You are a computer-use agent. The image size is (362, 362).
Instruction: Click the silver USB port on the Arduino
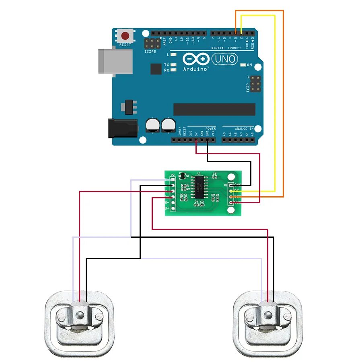pyautogui.click(x=115, y=61)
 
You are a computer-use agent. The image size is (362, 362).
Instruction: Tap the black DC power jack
pyautogui.click(x=122, y=128)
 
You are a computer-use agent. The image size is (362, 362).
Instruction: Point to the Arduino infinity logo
pyautogui.click(x=195, y=59)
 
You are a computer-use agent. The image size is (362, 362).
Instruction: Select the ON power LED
pyautogui.click(x=243, y=65)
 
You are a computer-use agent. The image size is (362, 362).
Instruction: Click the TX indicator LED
pyautogui.click(x=173, y=65)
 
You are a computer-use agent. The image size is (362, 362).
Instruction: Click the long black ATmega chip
pyautogui.click(x=214, y=109)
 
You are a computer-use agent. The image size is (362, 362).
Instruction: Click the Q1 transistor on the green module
pyautogui.click(x=182, y=176)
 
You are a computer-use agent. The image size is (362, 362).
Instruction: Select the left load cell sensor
pyautogui.click(x=79, y=324)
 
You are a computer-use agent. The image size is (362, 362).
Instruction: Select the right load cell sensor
pyautogui.click(x=268, y=324)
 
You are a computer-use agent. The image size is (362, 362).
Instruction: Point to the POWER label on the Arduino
pyautogui.click(x=211, y=129)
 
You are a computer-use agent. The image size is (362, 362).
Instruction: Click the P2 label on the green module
pyautogui.click(x=173, y=175)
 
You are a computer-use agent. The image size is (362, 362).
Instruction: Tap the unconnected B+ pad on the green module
pyautogui.click(x=173, y=208)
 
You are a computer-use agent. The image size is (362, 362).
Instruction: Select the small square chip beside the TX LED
pyautogui.click(x=156, y=69)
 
